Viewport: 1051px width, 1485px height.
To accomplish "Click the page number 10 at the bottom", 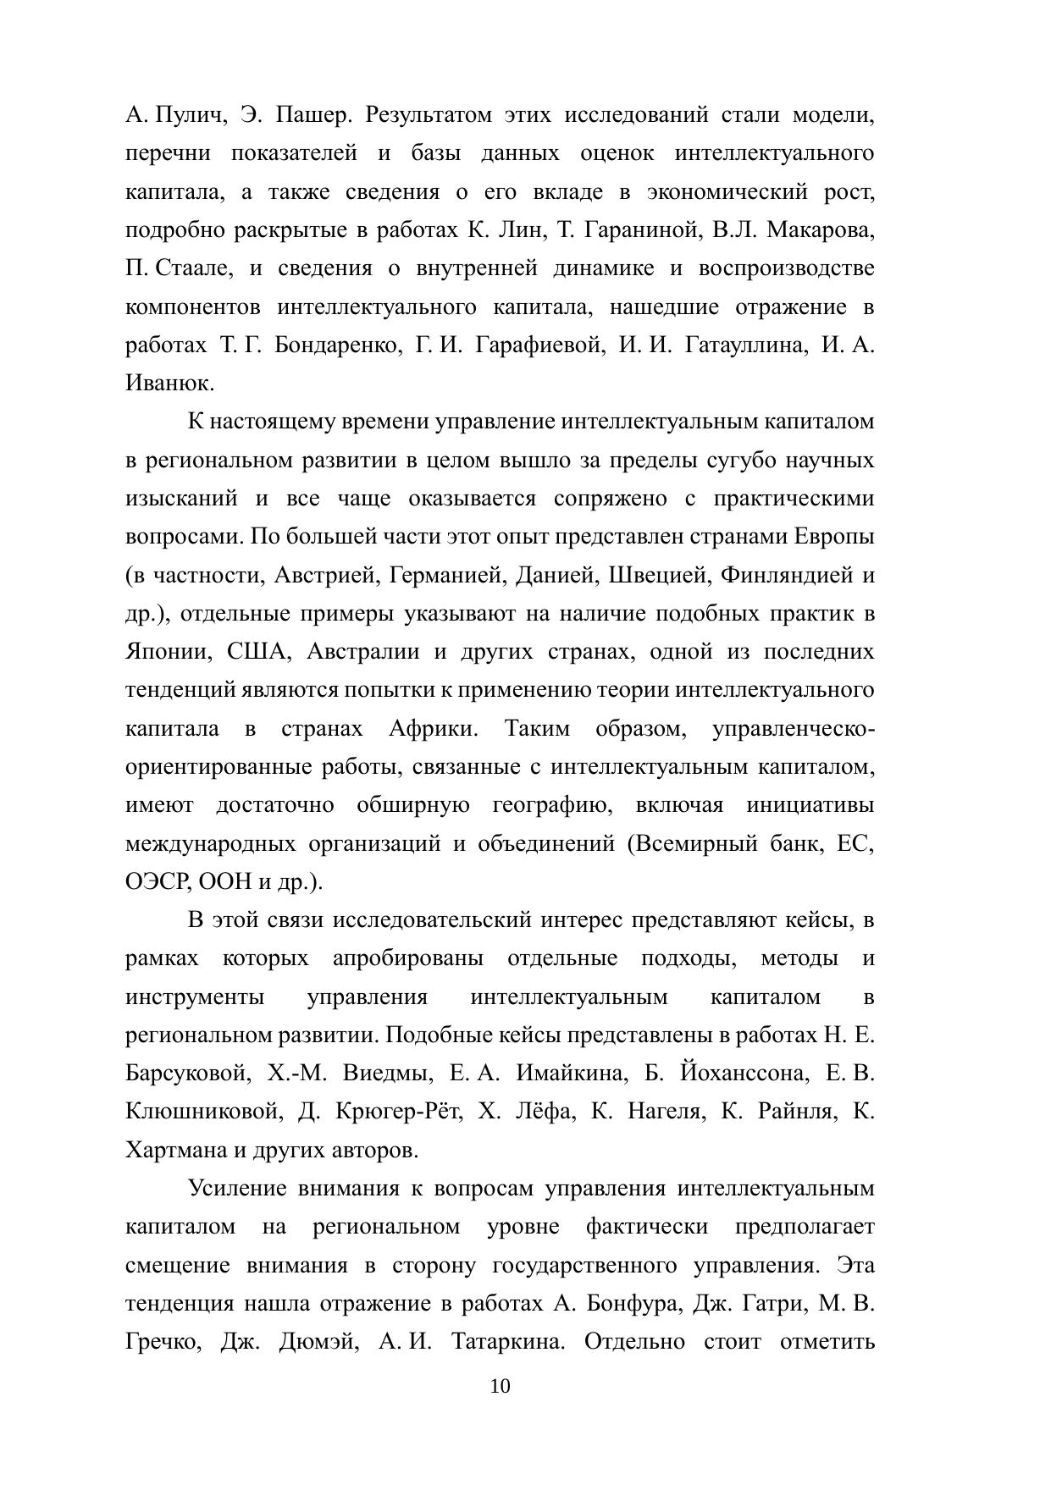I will [500, 1386].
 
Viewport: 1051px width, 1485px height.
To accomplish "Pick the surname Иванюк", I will [169, 384].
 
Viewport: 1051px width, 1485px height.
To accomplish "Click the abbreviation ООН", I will [224, 882].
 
